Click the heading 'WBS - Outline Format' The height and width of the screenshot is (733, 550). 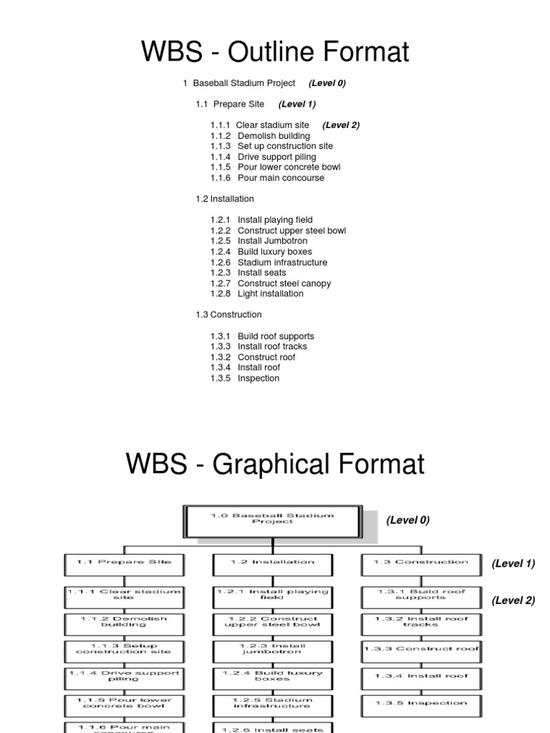pos(275,52)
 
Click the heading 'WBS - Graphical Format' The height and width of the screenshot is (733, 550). pos(275,464)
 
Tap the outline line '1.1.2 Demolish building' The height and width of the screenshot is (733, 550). pos(260,136)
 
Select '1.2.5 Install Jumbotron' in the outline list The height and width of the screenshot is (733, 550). pos(261,241)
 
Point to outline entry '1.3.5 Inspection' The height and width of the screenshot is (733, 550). pos(245,378)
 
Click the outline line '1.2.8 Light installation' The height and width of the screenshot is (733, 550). pos(256,293)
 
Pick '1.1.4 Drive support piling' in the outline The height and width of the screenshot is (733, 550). pos(263,157)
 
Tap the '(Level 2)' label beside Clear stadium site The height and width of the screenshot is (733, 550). pos(341,125)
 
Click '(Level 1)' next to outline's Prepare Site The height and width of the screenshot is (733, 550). pos(297,105)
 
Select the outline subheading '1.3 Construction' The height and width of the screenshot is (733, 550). pos(228,315)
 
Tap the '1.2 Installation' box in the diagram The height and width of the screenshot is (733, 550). pos(272,563)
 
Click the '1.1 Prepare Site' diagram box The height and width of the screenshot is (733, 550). pos(124,563)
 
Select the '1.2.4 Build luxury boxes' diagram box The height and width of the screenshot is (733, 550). pos(272,676)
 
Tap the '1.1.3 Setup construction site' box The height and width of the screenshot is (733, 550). pos(124,649)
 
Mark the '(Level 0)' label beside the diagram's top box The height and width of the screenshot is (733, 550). pos(407,520)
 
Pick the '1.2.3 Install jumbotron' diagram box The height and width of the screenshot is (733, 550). pos(272,649)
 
